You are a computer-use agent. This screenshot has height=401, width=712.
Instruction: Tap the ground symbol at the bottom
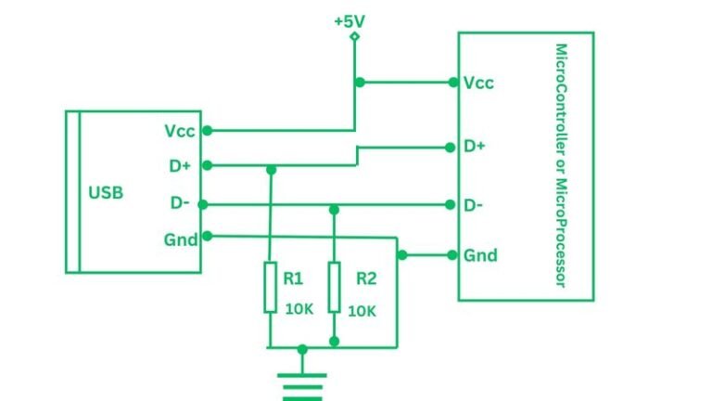(302, 382)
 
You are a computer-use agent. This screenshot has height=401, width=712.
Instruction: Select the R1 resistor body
(270, 287)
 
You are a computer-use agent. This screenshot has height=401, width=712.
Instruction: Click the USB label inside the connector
(106, 193)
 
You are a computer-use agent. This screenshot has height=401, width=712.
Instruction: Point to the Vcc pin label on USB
(180, 131)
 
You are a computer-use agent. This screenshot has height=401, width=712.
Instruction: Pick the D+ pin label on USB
(180, 166)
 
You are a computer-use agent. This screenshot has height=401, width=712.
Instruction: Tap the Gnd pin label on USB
(181, 239)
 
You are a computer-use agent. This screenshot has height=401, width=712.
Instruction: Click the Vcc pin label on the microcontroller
(478, 83)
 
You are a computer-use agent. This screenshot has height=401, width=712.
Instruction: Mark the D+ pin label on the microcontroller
(475, 147)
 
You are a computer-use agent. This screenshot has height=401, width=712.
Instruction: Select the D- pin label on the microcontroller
(474, 204)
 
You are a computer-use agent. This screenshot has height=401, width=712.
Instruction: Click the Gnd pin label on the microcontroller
(480, 255)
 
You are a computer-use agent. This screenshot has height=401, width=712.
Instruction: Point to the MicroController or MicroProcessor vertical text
(560, 166)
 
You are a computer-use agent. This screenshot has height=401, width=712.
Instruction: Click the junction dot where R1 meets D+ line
(271, 170)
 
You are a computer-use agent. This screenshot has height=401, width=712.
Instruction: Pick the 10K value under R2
(362, 311)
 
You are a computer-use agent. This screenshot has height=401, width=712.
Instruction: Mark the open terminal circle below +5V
(354, 36)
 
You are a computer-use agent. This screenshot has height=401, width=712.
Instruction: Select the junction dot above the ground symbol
(302, 350)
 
